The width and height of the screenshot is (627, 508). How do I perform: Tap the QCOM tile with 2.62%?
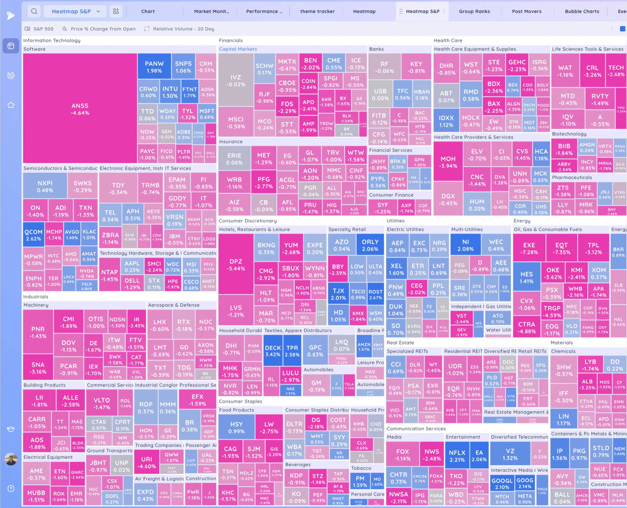(33, 235)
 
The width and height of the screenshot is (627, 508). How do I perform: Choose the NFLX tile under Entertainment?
(457, 456)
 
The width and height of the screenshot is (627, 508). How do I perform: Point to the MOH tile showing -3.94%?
(448, 162)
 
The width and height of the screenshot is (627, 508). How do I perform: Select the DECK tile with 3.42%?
(273, 351)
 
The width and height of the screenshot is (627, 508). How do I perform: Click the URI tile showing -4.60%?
(146, 462)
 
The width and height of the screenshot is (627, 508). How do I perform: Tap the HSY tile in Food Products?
(236, 427)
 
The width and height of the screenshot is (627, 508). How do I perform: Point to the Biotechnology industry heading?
(569, 134)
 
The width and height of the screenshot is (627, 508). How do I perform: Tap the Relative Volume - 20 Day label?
(183, 29)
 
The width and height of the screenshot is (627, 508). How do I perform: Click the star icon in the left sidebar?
(11, 105)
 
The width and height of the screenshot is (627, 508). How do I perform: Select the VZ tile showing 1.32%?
(510, 454)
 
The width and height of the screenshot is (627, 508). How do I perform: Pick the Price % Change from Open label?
(103, 29)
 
